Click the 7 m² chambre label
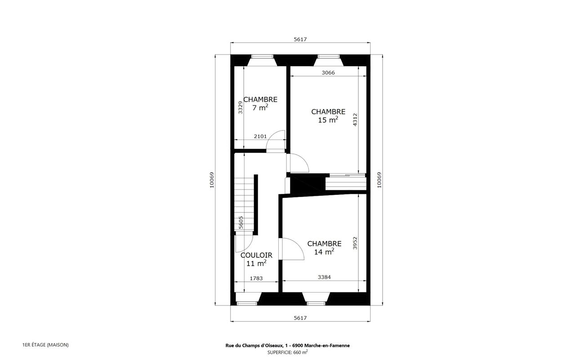point(260,103)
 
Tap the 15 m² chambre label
point(328,116)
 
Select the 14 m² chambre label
point(324,247)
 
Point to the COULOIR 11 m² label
point(256,259)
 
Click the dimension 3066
point(328,73)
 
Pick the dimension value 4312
point(355,120)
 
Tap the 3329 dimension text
point(240,107)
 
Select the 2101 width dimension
point(260,136)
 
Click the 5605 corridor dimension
point(241,222)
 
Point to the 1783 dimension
point(256,278)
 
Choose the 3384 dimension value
point(324,277)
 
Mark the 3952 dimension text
point(355,243)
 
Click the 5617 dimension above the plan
point(300,39)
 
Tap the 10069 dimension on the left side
point(212,180)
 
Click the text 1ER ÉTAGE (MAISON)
point(45,345)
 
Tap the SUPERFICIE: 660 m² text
point(287,352)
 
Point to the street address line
point(287,346)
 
